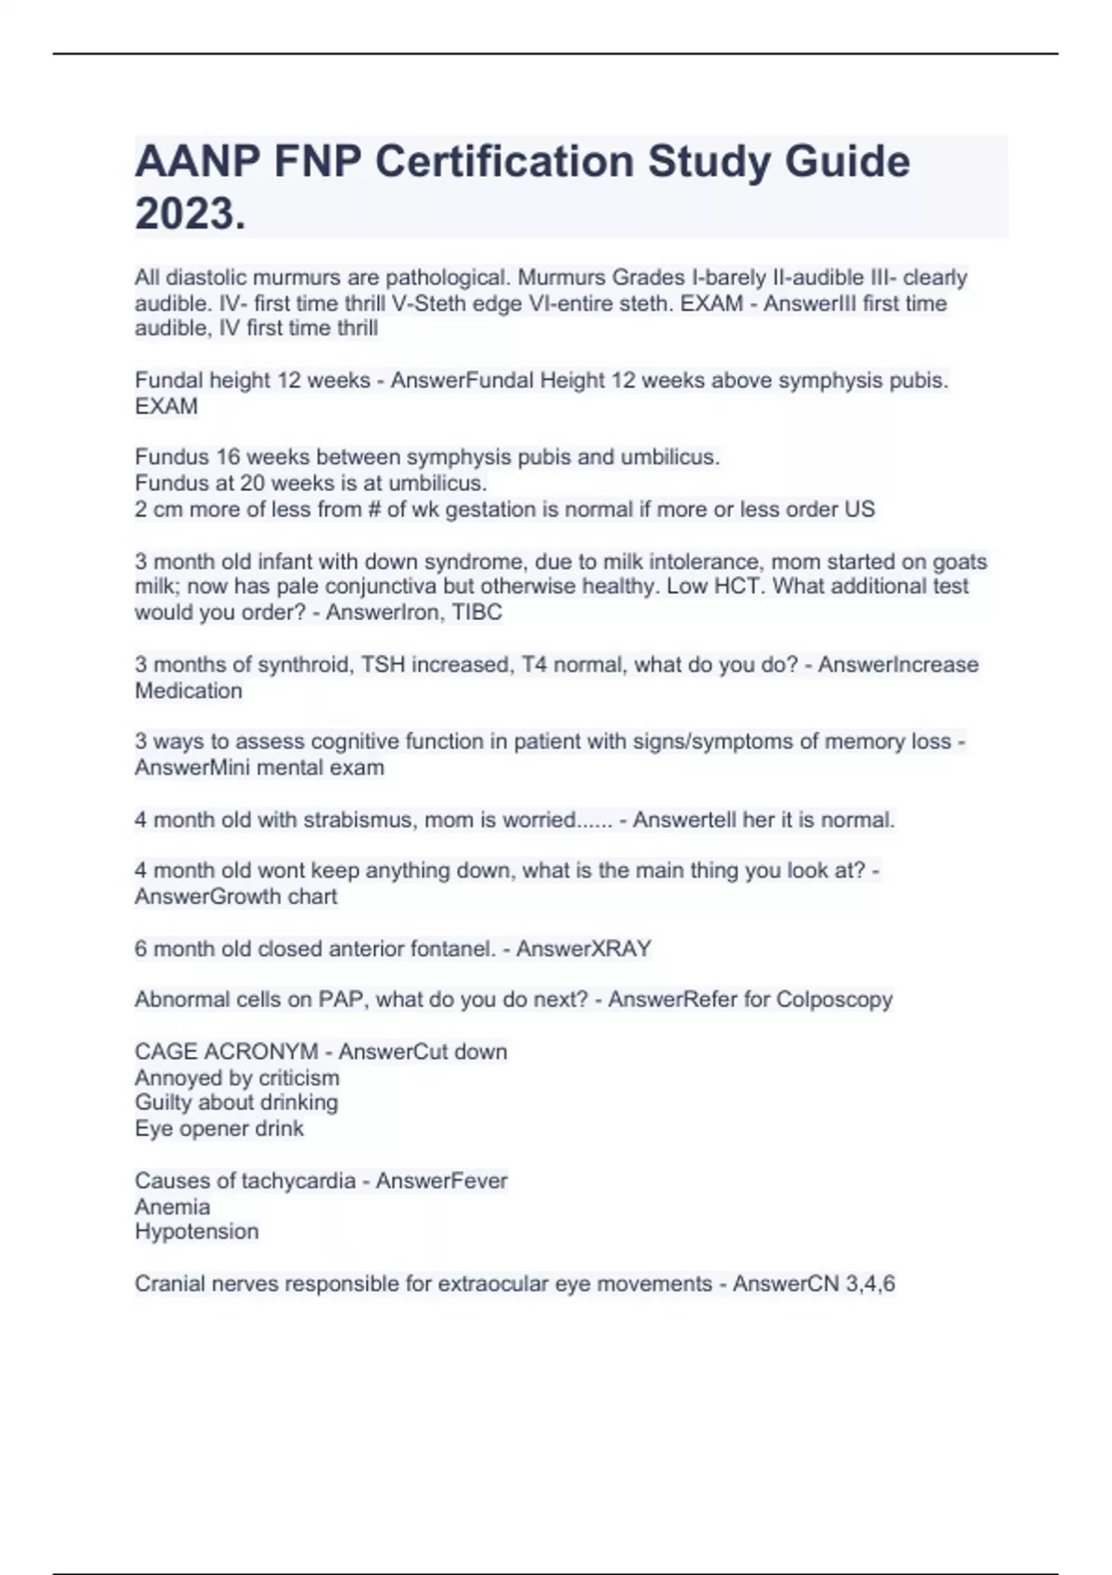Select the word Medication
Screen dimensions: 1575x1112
188,690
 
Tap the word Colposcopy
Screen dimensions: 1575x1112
834,1000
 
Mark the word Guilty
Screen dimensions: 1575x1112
159,1102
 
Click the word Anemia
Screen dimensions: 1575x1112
172,1206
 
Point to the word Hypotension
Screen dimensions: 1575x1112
196,1231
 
